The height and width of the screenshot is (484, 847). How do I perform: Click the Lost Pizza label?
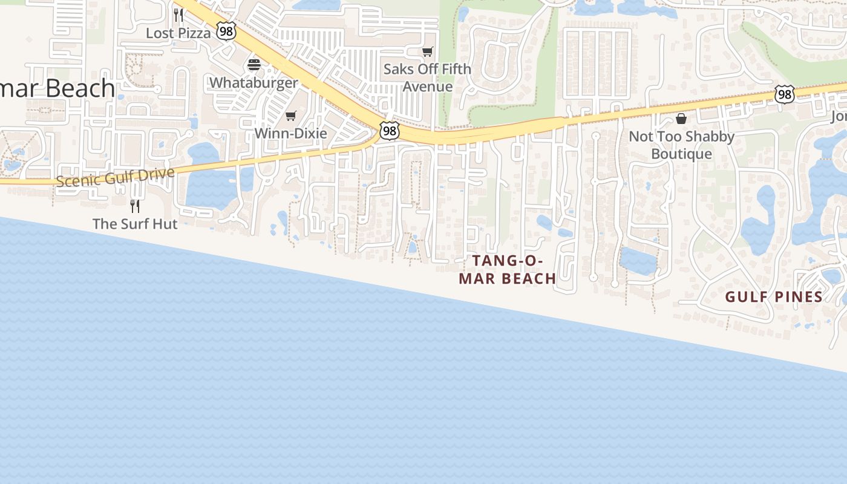(x=178, y=33)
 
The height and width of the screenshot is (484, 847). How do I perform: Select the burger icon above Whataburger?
(x=254, y=65)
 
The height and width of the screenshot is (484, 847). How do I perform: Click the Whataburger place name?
(x=253, y=83)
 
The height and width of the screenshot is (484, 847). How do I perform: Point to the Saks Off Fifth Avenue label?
(x=427, y=77)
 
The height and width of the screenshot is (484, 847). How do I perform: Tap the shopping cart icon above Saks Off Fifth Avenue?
(x=428, y=52)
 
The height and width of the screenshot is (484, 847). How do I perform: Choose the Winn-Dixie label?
(x=291, y=133)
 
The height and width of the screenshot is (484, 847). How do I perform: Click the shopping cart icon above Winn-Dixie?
(x=291, y=116)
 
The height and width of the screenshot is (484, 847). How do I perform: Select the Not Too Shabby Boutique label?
(x=681, y=145)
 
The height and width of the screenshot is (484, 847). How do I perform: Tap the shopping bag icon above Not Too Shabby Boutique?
(x=681, y=119)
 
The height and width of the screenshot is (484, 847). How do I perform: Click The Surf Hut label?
(x=135, y=224)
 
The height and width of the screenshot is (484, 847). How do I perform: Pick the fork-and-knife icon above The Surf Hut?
(x=135, y=206)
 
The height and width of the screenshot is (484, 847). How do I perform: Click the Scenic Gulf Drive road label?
(x=115, y=177)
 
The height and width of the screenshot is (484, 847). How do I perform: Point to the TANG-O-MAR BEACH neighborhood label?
(x=507, y=270)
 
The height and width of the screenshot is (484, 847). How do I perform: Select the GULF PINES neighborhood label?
(x=774, y=297)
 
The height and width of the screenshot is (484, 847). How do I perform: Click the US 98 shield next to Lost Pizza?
(x=226, y=31)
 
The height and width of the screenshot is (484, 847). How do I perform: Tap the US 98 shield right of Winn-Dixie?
(x=390, y=130)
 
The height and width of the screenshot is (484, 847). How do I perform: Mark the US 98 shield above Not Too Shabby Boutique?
(x=784, y=94)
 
